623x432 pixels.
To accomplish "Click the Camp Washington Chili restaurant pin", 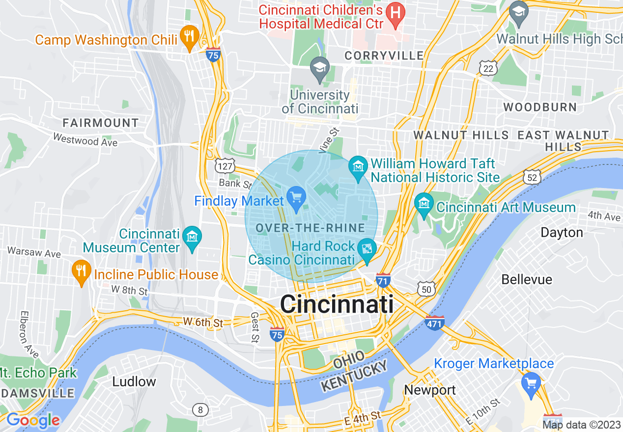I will (189, 36).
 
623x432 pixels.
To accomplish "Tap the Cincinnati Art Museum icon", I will (424, 203).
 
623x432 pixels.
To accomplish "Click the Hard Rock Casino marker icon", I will (367, 248).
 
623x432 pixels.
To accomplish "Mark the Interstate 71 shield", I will (383, 281).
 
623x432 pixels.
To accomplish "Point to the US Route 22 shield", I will (488, 69).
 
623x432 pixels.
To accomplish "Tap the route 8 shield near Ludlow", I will (200, 409).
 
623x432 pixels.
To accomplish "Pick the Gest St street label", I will (255, 327).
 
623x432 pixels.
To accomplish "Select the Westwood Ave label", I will (85, 140).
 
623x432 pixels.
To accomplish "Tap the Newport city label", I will (429, 390).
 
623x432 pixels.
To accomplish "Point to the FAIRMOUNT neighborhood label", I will (101, 123).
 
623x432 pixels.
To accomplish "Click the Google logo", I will (33, 420).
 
